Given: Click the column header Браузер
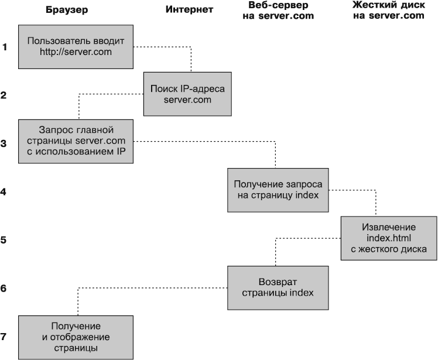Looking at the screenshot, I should point(67,9).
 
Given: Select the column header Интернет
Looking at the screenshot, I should point(189,9).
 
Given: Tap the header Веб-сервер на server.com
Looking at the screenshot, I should point(278,11).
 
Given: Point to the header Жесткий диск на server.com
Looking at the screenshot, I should point(388,11).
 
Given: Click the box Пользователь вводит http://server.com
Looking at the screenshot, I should point(76,46).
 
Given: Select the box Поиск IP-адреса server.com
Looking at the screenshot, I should point(187,94).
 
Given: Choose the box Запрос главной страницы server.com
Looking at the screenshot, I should point(76,142).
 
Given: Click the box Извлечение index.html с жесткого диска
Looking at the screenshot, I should point(388,238).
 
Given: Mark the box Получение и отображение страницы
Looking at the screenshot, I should point(76,337).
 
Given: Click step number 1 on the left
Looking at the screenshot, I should point(4,47).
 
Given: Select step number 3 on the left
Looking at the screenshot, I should point(4,143).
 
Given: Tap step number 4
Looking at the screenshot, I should point(4,191).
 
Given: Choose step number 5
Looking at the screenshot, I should point(4,239).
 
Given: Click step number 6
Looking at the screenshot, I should point(4,288).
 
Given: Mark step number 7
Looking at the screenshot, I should point(4,337).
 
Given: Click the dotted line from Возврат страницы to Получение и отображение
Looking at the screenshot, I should point(152,287).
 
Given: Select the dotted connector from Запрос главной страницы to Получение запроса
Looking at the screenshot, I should point(205,141).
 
